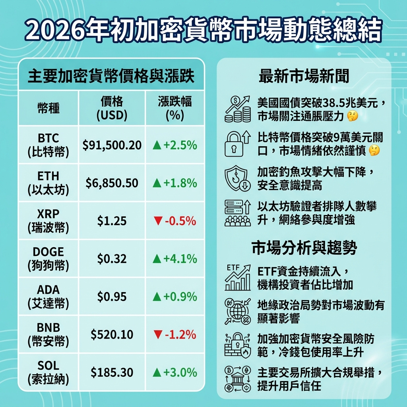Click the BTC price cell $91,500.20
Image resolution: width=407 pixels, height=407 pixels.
112,145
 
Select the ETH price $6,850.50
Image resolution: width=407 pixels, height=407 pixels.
112,183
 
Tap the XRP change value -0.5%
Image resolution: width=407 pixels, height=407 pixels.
175,221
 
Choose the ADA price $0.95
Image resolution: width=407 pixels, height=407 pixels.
112,297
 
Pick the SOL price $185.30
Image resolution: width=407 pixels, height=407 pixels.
112,372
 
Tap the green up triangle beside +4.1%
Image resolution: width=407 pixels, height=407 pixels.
157,259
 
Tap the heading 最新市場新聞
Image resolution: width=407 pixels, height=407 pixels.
304,76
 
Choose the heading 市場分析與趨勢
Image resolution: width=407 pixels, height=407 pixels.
304,248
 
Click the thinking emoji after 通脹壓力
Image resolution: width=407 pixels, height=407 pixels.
352,116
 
